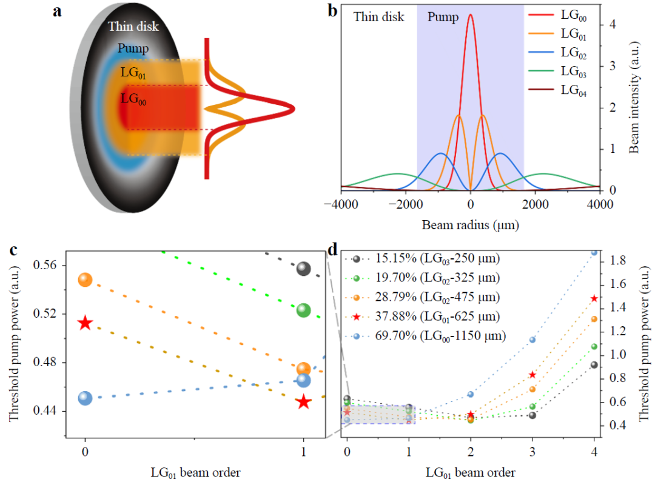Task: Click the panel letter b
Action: point(333,10)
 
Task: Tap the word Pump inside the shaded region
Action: point(443,17)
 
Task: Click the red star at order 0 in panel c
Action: point(85,323)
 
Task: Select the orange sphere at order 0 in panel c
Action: point(85,280)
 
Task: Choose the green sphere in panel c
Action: point(303,310)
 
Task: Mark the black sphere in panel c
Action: point(303,269)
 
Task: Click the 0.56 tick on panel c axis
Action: point(48,266)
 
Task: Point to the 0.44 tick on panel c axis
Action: point(48,411)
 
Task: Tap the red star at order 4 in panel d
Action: point(594,298)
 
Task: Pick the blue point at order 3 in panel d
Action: point(532,340)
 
